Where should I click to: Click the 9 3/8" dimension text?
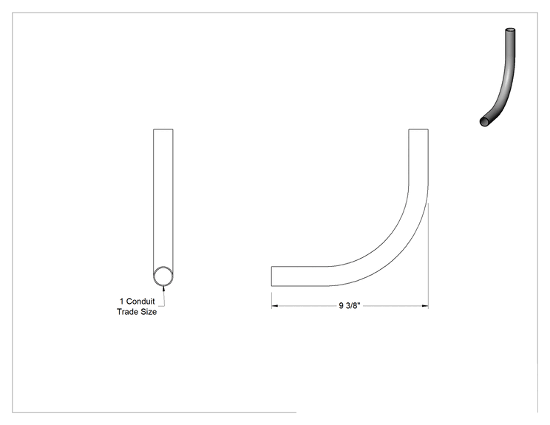[350, 306]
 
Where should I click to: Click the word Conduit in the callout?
[140, 302]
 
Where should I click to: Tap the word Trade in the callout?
[127, 312]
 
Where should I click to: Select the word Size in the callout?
[149, 312]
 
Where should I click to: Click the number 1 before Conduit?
[122, 302]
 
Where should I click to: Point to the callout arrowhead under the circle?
[163, 288]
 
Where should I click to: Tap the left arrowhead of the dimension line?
[275, 306]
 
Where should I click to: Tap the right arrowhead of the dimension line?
[425, 306]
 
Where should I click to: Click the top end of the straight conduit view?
[163, 129]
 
